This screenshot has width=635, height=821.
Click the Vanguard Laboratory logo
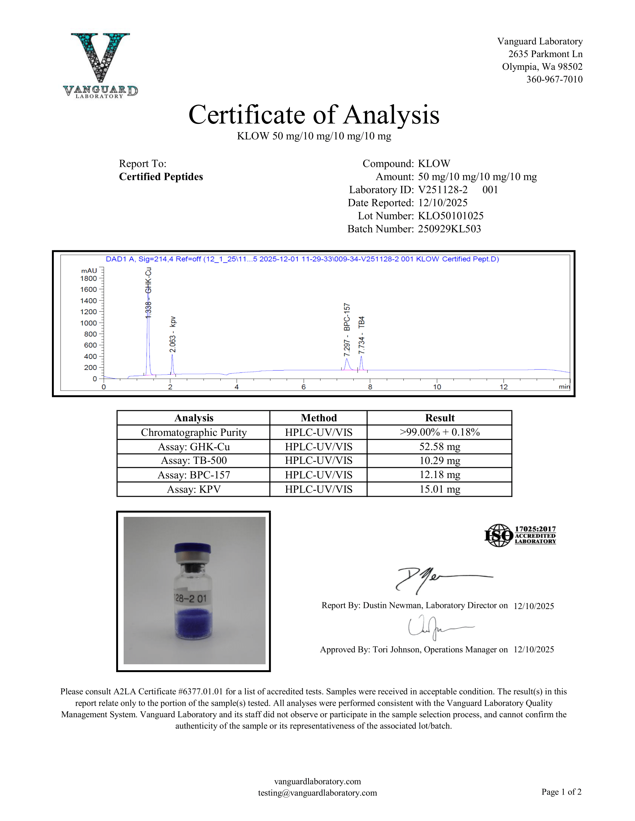[100, 66]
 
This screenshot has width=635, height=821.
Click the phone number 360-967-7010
[554, 79]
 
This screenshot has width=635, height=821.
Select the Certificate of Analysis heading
[314, 115]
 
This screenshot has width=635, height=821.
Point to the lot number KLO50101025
[451, 216]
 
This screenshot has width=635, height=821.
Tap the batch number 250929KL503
[449, 229]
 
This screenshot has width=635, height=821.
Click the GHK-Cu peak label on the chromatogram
[149, 293]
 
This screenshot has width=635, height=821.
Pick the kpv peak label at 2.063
[173, 334]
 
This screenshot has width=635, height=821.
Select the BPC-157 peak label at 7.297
[347, 329]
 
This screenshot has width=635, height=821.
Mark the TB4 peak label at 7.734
[362, 335]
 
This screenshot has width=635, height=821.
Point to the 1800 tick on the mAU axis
[89, 278]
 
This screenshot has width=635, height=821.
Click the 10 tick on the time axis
[437, 387]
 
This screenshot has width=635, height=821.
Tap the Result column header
[439, 418]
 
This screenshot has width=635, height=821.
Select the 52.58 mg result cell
[439, 447]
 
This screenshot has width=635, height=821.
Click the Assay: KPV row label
[193, 490]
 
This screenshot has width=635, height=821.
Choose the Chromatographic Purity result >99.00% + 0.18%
[439, 432]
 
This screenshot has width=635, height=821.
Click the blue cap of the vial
[192, 547]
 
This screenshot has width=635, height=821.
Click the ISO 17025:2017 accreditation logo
[520, 535]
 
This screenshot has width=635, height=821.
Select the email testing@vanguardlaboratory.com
[317, 793]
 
